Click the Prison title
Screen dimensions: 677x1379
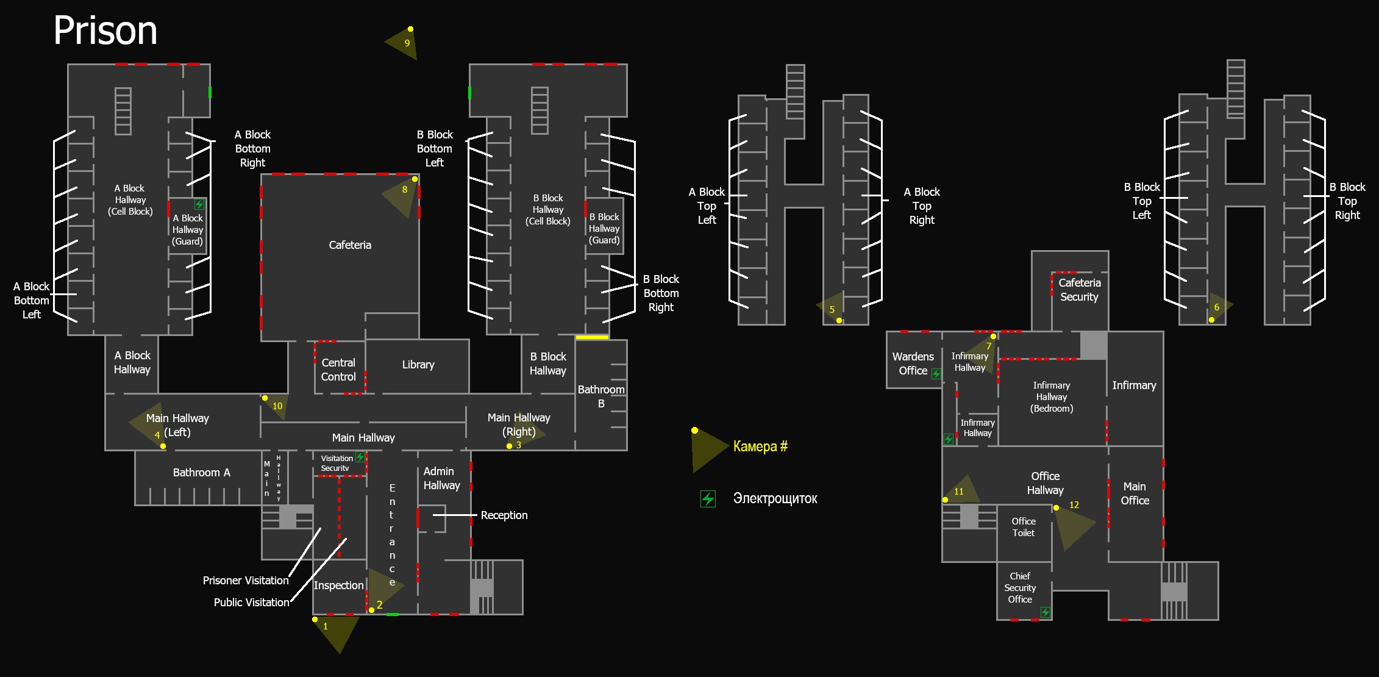[x=105, y=30]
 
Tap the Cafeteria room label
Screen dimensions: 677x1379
[x=350, y=245]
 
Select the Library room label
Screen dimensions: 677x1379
[x=418, y=365]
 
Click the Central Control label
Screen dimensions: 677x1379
[x=338, y=370]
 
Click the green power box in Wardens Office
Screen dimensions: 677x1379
[x=936, y=374]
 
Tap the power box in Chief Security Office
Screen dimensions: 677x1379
[x=1045, y=612]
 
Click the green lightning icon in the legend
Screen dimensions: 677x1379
[x=708, y=499]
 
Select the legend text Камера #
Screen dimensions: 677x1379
[x=760, y=446]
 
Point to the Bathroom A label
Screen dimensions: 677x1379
[x=201, y=473]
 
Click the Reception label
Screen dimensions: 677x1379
[x=504, y=515]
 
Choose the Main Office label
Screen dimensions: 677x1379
[x=1135, y=493]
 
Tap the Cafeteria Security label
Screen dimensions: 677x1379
[x=1079, y=290]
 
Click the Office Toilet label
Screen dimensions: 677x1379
[x=1024, y=527]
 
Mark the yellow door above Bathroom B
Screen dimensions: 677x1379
[x=592, y=337]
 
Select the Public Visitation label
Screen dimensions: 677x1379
[x=251, y=603]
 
